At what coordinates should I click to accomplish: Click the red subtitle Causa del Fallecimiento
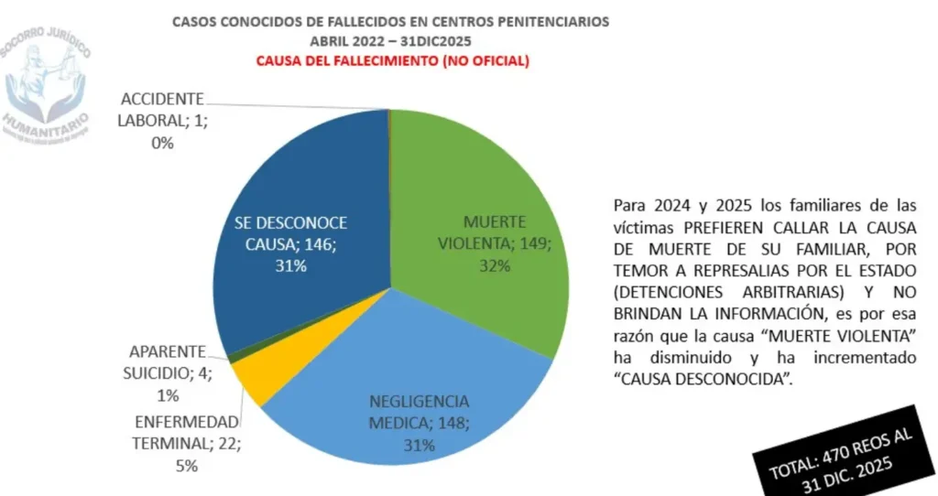point(391,62)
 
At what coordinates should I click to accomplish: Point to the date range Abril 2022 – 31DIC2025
point(391,41)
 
